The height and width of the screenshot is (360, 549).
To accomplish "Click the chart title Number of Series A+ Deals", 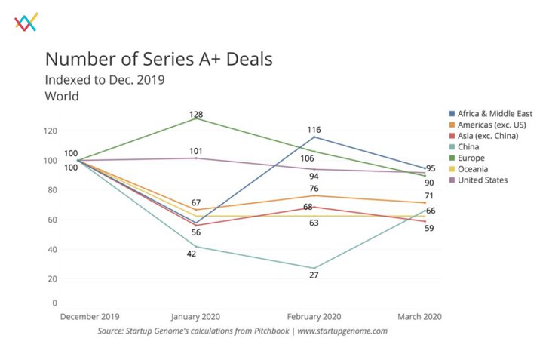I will point(158,59).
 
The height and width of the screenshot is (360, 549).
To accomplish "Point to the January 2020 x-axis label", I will point(196,317).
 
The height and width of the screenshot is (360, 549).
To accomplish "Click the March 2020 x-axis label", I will point(419,317).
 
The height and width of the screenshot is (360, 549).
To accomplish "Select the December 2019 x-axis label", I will point(90,317).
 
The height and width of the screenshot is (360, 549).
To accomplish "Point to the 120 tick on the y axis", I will point(51,131).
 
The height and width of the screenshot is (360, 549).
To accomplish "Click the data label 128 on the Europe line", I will point(196,113).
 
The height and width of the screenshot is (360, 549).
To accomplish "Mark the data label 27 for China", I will point(314,275).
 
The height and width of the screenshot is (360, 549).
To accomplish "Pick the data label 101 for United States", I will point(196,151).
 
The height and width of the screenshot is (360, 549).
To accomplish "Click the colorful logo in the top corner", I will point(26,23).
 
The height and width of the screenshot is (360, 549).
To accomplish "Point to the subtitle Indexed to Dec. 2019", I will point(104,79).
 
